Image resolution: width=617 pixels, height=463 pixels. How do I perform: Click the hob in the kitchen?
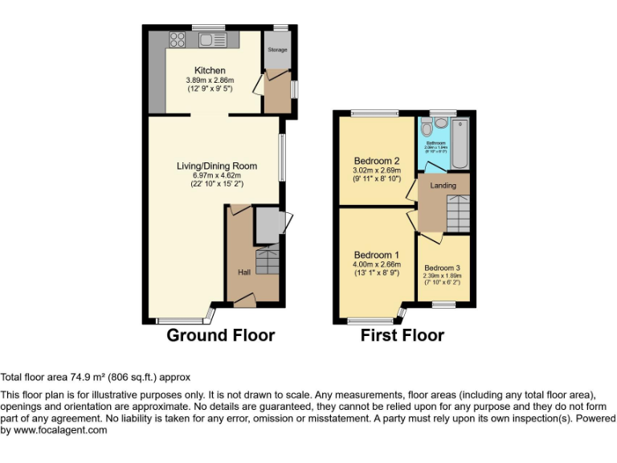pos(178,39)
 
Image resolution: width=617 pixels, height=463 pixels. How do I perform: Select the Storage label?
pos(277,50)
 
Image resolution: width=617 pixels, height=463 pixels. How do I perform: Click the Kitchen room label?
pos(210,71)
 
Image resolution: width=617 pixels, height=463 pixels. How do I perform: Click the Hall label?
pos(243,272)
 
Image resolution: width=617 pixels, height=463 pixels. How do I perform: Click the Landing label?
pos(443,186)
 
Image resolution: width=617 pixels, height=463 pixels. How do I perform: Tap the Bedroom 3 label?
pos(443,268)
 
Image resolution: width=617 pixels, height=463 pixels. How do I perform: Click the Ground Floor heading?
pos(220,335)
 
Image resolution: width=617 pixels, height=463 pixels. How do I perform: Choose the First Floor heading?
pos(402,335)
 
